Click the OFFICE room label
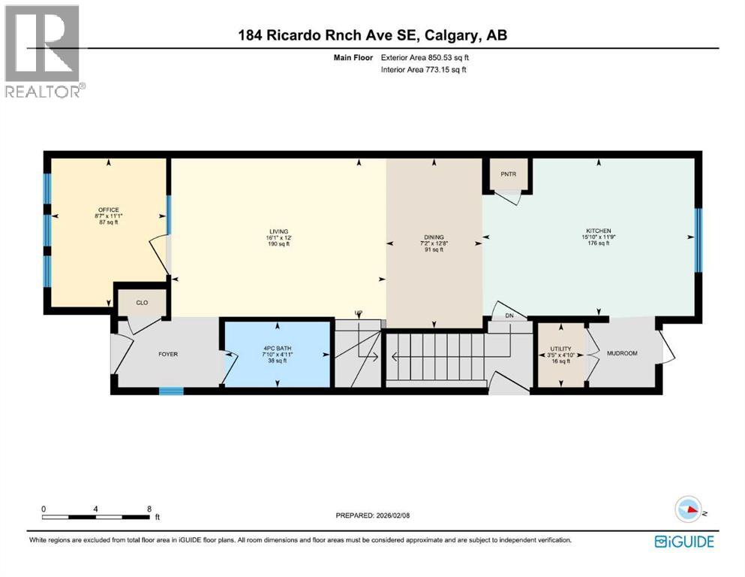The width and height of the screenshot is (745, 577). coord(108,210)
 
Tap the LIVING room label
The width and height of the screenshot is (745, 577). coord(279,231)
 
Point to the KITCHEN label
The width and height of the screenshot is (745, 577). coord(599,231)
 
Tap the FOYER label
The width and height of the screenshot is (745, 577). coord(167,354)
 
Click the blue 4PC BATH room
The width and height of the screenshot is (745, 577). coord(277,354)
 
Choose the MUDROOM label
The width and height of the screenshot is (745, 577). coord(621,353)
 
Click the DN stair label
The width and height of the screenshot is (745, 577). coord(509,316)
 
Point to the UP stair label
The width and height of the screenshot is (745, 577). coord(359,313)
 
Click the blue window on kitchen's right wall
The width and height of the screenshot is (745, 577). coord(698,240)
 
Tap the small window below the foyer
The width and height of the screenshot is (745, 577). coord(171,391)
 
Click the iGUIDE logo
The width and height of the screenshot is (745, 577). coord(683,541)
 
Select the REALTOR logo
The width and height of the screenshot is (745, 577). coord(44,51)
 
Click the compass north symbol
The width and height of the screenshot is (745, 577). coord(689,509)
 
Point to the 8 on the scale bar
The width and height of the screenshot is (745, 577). coord(150,509)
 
